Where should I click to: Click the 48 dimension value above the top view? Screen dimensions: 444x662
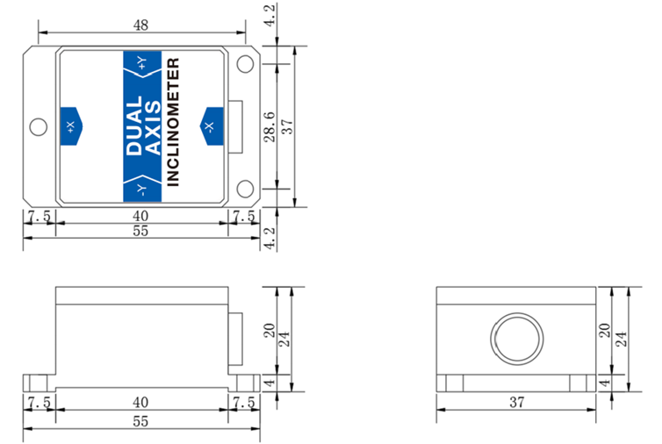click(140, 25)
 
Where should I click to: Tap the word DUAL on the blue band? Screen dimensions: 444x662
click(134, 126)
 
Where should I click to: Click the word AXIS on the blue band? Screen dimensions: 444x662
click(151, 126)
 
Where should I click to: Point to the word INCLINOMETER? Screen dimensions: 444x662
click(173, 123)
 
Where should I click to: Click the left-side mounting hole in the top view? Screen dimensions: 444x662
click(38, 127)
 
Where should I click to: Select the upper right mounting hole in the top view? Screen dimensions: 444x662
click(246, 64)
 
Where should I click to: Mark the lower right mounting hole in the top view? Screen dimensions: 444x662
click(246, 189)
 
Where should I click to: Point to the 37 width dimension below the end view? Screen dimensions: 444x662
click(516, 402)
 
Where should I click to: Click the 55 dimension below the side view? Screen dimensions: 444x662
click(140, 421)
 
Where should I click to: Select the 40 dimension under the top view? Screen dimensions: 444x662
click(140, 215)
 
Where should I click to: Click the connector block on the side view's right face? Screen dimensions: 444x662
click(235, 339)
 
